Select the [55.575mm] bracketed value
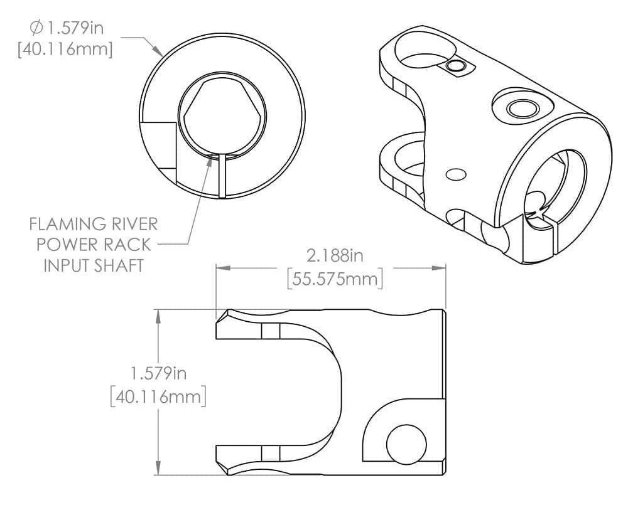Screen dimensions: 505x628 pos(334,278)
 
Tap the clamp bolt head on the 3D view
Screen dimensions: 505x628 pos(520,108)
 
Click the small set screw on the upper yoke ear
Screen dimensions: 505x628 pos(454,66)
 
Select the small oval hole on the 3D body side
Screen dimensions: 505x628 pos(455,174)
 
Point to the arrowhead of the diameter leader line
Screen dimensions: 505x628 pos(160,53)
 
